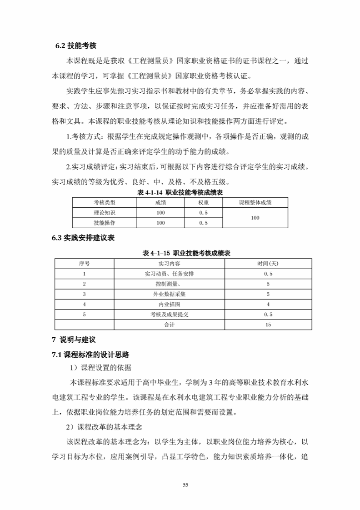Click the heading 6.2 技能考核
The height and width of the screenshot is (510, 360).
coord(75,46)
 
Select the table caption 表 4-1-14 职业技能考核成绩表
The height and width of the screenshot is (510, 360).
coord(180,193)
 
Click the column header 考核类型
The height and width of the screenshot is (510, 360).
coord(104,202)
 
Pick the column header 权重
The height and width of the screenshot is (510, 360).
coord(203,202)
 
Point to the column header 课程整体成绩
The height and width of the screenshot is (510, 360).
coord(255,202)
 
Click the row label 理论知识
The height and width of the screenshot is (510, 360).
coord(104,213)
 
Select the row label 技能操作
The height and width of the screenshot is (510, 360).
coord(104,223)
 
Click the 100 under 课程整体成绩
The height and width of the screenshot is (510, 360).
coord(255,218)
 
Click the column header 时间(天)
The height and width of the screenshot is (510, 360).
coord(268,263)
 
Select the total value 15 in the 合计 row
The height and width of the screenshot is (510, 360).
coord(268,325)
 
